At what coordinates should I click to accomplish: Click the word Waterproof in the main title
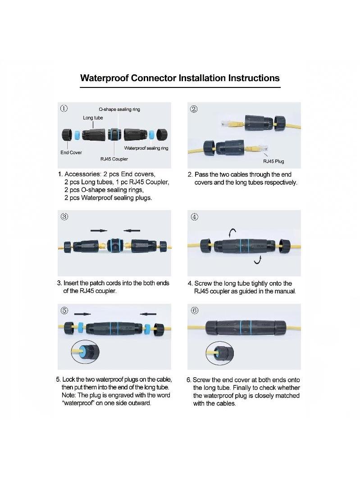point(104,78)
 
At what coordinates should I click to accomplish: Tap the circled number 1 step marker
point(64,108)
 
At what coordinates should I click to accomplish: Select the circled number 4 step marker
point(194,217)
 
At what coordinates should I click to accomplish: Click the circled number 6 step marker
point(194,311)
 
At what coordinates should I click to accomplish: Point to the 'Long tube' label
point(93,118)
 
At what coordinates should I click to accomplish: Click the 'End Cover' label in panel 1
point(71,152)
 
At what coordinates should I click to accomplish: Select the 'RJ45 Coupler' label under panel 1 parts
point(114,159)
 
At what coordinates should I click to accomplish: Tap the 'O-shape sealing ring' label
point(119,109)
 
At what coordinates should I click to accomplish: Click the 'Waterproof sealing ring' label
point(146,148)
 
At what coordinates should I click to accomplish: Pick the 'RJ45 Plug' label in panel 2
point(273,161)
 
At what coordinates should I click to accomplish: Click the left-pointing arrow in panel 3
point(132,230)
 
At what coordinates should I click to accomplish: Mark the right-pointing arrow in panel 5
point(82,314)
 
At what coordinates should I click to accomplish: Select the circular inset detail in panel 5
point(85,352)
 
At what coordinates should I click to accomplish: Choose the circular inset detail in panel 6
point(220,353)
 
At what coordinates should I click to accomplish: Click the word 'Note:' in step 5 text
point(68,395)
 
